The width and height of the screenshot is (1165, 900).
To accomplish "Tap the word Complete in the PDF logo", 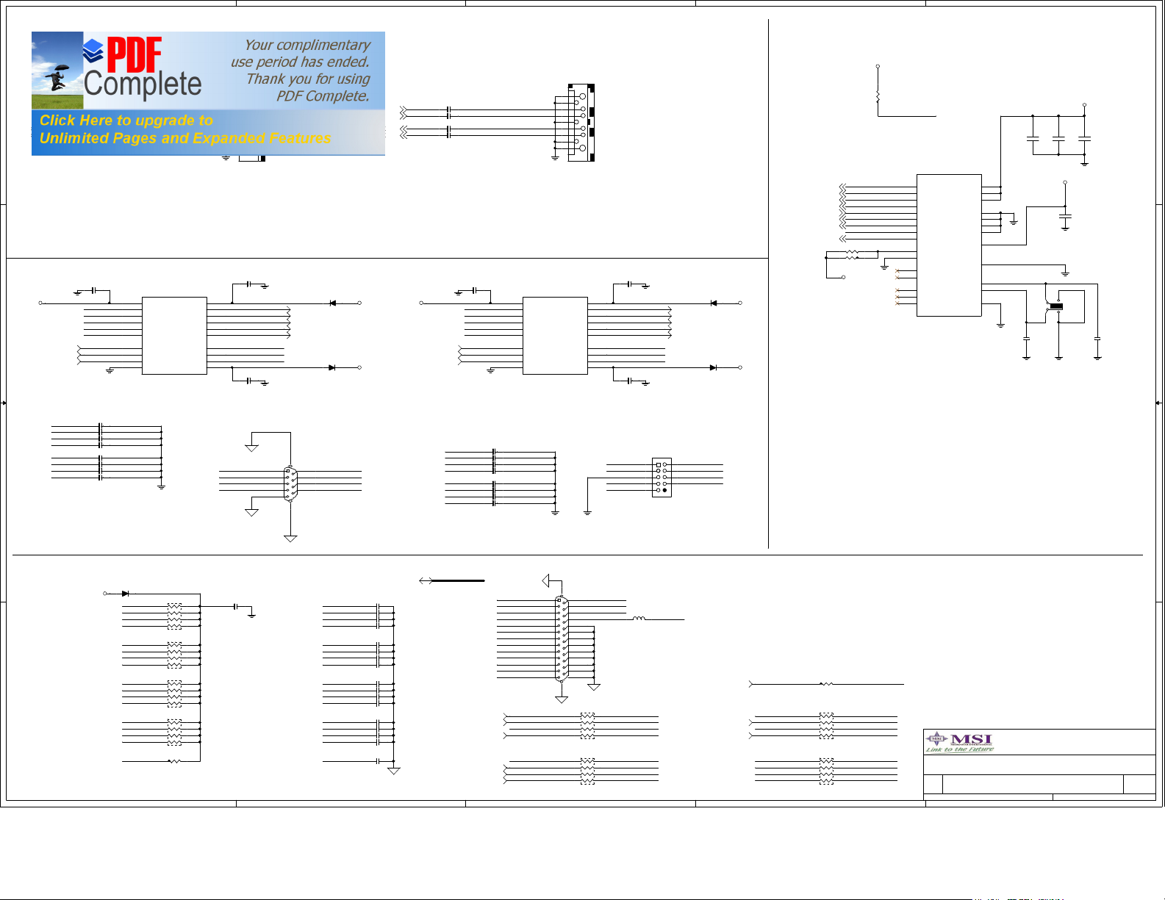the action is pos(143,84).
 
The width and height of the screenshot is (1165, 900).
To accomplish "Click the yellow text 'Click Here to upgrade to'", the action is pos(126,120).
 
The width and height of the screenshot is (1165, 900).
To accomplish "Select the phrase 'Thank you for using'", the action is pos(308,79).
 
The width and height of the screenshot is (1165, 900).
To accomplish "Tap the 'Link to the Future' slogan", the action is pos(959,749).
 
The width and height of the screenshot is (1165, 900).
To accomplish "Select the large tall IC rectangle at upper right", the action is pos(948,245).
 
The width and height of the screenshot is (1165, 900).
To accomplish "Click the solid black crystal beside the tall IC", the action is pos(1056,306).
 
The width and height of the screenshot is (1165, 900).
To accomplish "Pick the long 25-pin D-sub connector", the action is pos(561,638).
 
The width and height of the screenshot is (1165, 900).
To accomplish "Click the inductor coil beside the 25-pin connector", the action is pos(639,619).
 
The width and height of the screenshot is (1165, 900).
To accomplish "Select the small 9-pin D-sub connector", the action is pos(290,483).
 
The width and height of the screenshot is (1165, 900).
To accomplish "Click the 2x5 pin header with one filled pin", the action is pos(662,478).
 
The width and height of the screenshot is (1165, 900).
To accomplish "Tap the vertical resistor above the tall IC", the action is pos(878,96).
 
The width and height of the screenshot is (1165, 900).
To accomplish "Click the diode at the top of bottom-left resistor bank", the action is pos(126,593).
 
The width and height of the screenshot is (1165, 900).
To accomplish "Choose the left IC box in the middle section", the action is pos(174,336).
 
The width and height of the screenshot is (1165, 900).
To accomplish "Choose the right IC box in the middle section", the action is pos(555,336).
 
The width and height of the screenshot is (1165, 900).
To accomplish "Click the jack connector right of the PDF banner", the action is pos(581,123).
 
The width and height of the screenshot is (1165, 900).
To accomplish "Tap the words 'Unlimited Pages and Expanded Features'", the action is pos(185,138).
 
